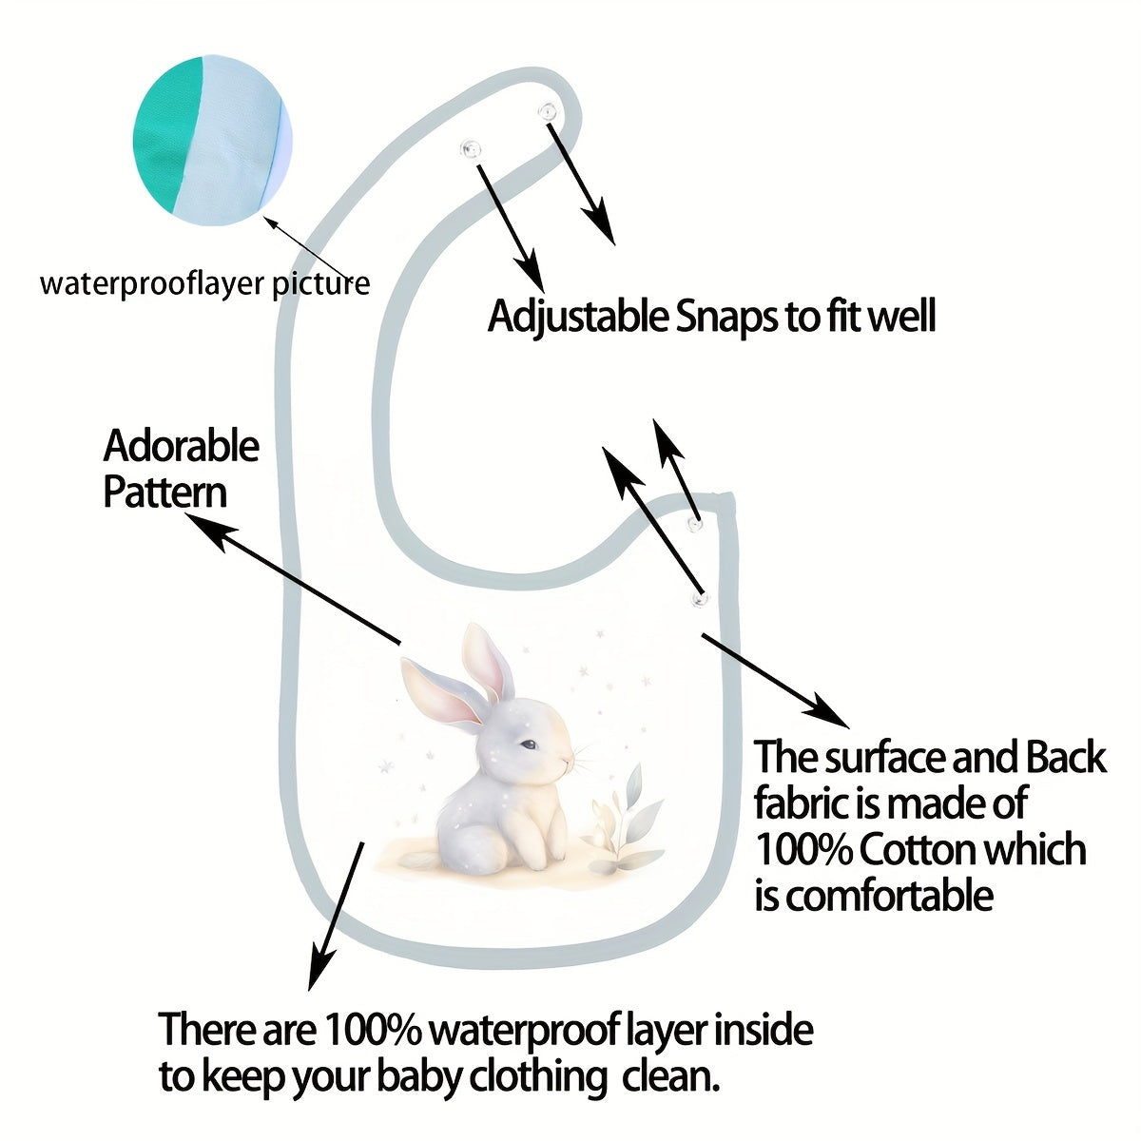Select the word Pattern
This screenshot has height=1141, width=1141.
click(x=164, y=493)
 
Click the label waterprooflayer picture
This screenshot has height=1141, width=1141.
click(x=204, y=283)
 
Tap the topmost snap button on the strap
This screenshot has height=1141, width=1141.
click(x=547, y=112)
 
